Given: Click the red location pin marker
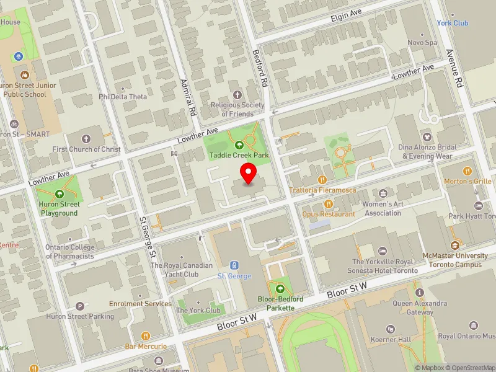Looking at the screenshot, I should (249, 173).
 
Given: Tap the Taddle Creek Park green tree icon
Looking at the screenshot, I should (239, 144).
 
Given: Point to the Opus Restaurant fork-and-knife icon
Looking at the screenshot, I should (329, 203).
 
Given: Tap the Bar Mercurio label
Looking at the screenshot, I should (146, 346).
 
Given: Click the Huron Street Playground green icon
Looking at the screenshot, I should (60, 193).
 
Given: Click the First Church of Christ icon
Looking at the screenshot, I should (86, 138).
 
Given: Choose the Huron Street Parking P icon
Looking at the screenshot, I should (79, 306).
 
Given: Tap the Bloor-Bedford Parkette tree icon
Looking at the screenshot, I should (280, 288).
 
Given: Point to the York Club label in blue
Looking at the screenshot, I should (452, 23).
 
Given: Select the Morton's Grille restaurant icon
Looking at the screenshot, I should (467, 170).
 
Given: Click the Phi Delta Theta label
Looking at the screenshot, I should (123, 97).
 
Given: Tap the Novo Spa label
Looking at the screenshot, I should (422, 43).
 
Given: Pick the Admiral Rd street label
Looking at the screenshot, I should (187, 99).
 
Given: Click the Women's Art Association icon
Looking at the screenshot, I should (383, 194).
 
